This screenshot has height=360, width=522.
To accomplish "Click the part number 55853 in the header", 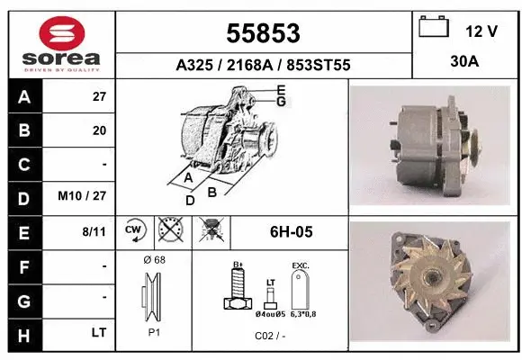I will click(x=263, y=34).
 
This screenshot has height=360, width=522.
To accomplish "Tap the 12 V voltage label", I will click(x=481, y=31).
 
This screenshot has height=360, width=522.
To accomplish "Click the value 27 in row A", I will click(x=99, y=96).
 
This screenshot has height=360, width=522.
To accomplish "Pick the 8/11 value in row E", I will click(x=94, y=231).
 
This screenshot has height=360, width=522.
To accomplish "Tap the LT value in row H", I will click(x=98, y=332).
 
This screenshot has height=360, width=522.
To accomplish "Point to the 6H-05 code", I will click(x=290, y=231).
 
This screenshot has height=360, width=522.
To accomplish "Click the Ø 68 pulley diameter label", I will click(x=154, y=260).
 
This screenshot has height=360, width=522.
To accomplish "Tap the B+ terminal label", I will click(x=238, y=265).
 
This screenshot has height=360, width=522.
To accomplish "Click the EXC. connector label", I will click(x=301, y=265).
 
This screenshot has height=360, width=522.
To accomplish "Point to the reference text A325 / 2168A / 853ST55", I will click(x=263, y=66).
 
